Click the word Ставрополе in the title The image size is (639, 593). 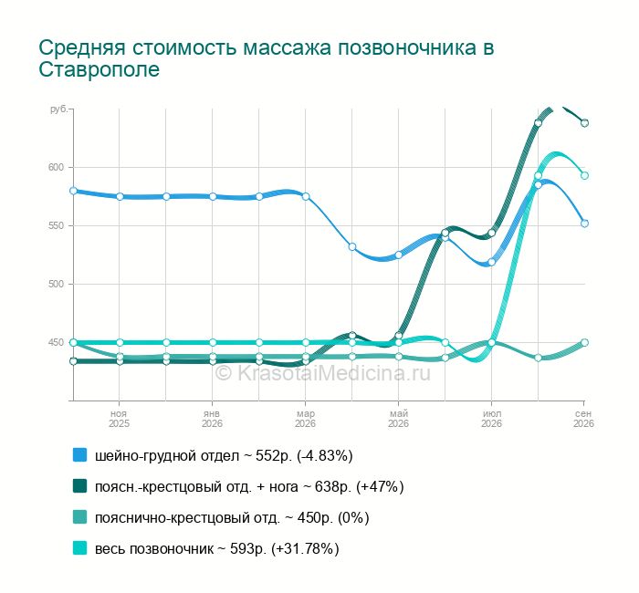click(x=99, y=69)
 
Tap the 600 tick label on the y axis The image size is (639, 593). click(x=57, y=167)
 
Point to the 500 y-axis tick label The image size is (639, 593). click(x=57, y=285)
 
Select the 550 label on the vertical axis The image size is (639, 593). click(x=57, y=226)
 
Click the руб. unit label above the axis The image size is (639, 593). click(x=59, y=109)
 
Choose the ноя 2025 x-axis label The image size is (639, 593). click(x=119, y=419)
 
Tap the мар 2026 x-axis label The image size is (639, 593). click(x=305, y=419)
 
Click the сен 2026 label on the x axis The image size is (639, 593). click(x=583, y=419)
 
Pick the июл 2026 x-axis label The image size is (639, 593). click(x=491, y=419)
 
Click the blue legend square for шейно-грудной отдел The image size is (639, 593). click(x=80, y=455)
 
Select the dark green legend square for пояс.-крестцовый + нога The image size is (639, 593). click(x=80, y=486)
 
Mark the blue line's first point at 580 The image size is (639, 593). click(x=73, y=191)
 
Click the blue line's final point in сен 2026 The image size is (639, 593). click(x=584, y=224)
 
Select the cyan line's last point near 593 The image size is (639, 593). click(x=584, y=175)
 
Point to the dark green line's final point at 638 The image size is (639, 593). click(x=584, y=123)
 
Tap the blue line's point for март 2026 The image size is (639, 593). click(x=306, y=197)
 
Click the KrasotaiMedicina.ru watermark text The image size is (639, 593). click(x=323, y=373)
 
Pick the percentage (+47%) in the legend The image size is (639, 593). click(x=380, y=486)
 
